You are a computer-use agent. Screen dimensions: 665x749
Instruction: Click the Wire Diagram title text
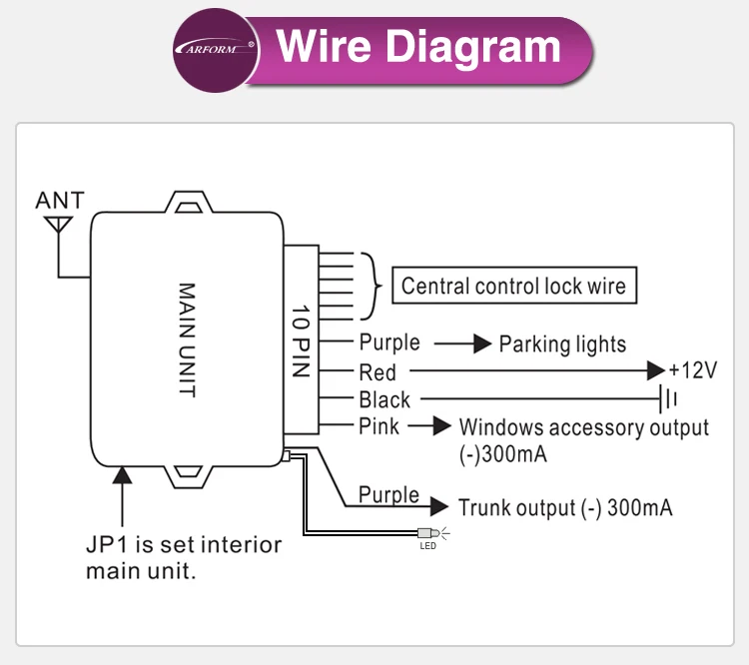[x=418, y=47]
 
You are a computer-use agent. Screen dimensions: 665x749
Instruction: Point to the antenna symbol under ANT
[x=59, y=225]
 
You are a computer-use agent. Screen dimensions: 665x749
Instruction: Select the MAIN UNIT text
[x=187, y=339]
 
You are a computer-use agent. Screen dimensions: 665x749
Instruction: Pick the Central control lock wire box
[x=513, y=287]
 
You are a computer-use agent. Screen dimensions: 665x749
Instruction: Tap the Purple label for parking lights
[x=389, y=342]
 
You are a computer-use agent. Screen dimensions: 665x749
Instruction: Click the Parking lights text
[x=562, y=344]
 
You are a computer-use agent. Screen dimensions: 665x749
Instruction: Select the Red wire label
[x=377, y=372]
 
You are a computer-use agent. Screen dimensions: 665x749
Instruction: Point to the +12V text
[x=692, y=370]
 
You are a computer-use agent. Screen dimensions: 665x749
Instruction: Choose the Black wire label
[x=384, y=399]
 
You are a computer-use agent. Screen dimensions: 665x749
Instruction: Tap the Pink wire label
[x=378, y=426]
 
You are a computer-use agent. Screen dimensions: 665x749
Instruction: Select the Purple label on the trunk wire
[x=388, y=494]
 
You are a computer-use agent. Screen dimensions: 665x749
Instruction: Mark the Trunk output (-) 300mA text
[x=564, y=507]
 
